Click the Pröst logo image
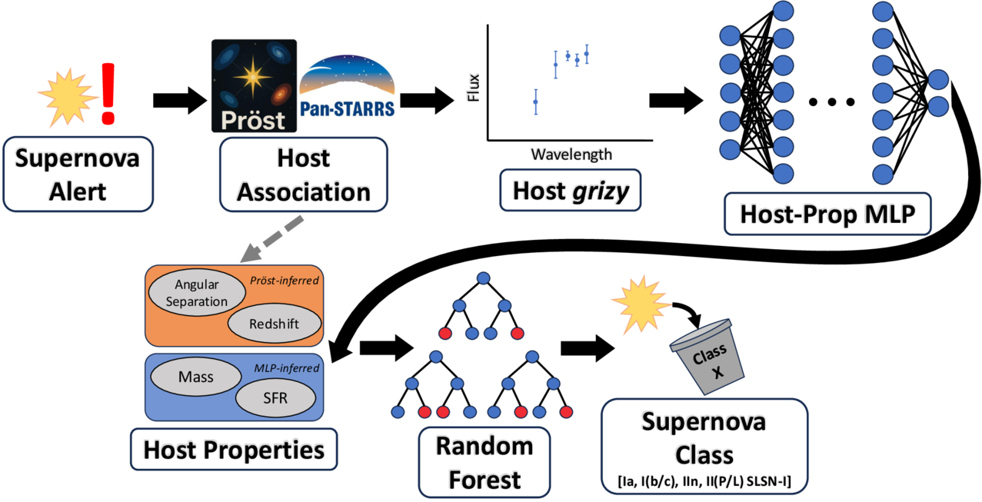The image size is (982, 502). [254, 86]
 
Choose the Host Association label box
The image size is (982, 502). [303, 174]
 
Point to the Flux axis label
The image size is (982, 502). [474, 87]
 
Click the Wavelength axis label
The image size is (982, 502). [571, 155]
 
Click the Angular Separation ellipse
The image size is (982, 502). [197, 293]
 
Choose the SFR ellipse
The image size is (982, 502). [275, 398]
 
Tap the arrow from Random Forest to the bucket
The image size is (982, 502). [588, 347]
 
